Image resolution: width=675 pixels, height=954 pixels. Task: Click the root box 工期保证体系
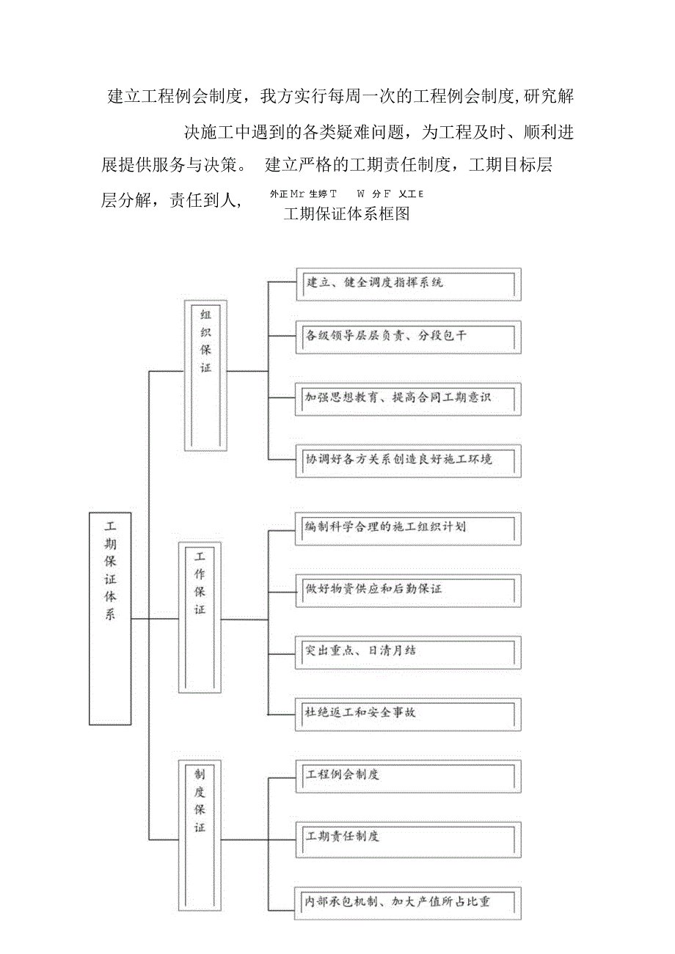[x=110, y=618]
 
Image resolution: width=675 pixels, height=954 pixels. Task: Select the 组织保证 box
[x=205, y=375]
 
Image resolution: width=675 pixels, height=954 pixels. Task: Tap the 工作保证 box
[x=200, y=617]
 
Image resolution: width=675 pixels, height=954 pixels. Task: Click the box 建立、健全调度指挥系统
[x=407, y=284]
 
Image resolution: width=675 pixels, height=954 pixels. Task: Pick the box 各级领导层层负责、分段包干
[x=407, y=337]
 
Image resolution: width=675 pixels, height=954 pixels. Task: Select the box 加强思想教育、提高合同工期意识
[x=407, y=399]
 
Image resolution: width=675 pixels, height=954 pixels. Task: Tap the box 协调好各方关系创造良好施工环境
[x=407, y=461]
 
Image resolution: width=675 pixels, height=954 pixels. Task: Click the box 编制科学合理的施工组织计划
[x=407, y=528]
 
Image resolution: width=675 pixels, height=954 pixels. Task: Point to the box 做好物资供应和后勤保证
[x=407, y=589]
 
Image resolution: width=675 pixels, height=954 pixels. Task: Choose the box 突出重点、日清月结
[x=407, y=651]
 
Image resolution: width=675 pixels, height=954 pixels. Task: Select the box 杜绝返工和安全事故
[x=407, y=713]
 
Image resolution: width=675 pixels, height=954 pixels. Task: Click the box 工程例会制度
[x=407, y=776]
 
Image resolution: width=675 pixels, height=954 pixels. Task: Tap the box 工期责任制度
[x=407, y=837]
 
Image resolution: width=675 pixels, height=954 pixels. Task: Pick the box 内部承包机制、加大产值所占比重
[x=407, y=902]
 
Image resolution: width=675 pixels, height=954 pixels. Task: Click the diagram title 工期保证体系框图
[x=346, y=214]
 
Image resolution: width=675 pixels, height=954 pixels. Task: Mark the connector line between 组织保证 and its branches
[x=248, y=371]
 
